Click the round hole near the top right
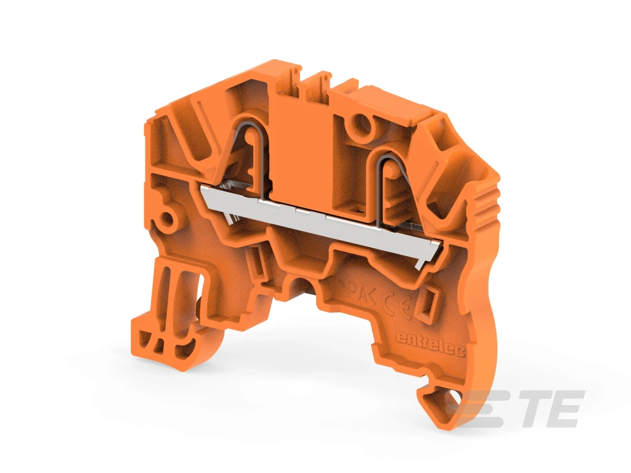coord(362,124)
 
